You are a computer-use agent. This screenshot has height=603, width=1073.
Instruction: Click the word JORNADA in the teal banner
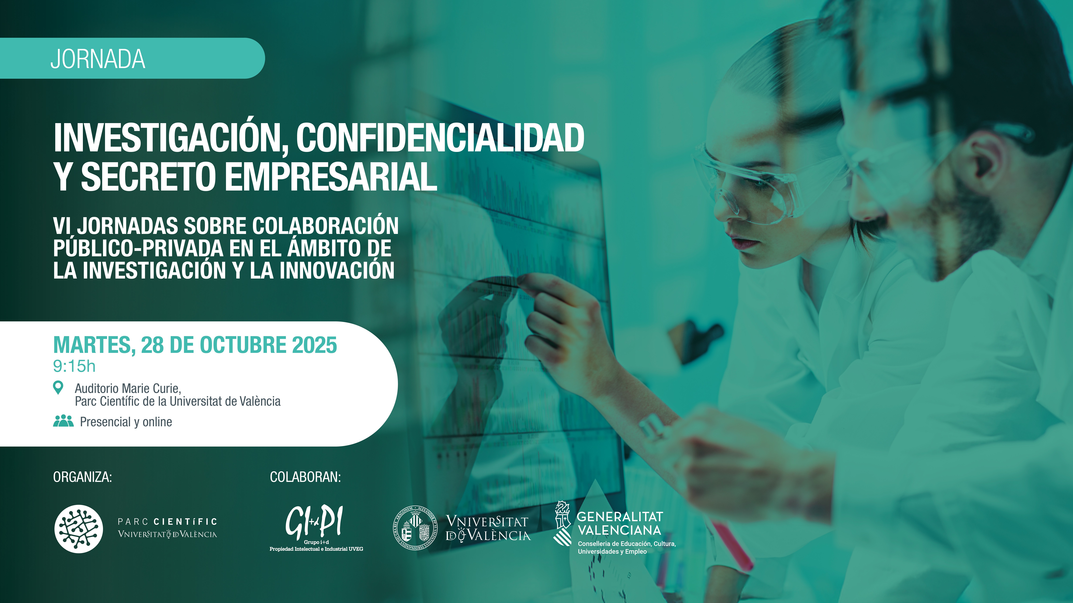98,59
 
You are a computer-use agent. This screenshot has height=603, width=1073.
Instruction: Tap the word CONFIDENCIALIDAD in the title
440,138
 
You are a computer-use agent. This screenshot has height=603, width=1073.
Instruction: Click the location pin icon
58,387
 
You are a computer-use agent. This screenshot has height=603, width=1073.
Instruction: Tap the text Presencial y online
126,422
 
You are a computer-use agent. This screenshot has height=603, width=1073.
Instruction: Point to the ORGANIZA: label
82,477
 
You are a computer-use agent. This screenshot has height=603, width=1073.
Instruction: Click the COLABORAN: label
305,477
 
